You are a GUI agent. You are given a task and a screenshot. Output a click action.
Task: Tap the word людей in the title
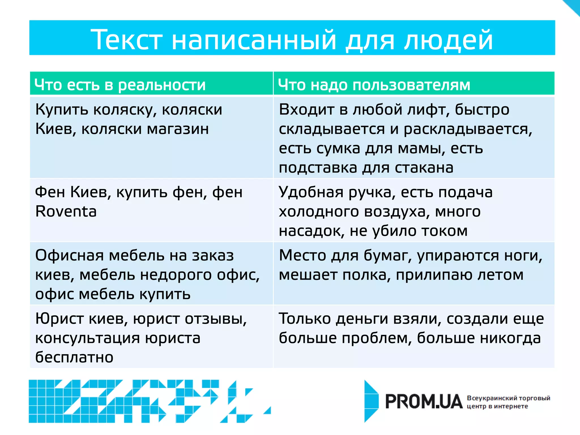click(449, 40)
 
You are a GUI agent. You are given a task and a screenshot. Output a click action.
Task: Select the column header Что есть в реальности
click(120, 85)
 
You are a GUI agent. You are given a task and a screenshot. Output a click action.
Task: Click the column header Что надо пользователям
click(374, 85)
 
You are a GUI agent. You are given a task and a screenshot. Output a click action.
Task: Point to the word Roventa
click(66, 212)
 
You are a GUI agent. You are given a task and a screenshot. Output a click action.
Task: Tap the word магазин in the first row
click(178, 129)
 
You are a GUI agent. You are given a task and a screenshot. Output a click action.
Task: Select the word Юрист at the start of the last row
click(59, 319)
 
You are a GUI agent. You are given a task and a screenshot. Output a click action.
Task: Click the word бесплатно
click(74, 357)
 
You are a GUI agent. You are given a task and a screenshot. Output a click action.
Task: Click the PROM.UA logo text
click(424, 402)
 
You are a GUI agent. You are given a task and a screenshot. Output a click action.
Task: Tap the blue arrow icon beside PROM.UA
click(371, 401)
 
